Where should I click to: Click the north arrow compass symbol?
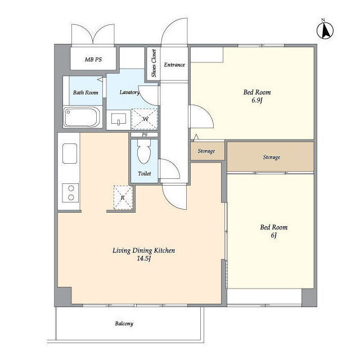pyautogui.click(x=325, y=30)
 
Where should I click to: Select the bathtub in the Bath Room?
pyautogui.click(x=82, y=118)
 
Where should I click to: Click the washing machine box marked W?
pyautogui.click(x=145, y=119)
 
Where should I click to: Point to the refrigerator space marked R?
pyautogui.click(x=123, y=197)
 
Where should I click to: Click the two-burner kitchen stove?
pyautogui.click(x=70, y=193)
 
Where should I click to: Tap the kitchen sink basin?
pyautogui.click(x=70, y=154)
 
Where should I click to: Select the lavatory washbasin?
pyautogui.click(x=119, y=119)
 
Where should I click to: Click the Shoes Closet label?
pyautogui.click(x=154, y=63)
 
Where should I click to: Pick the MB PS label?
pyautogui.click(x=93, y=60)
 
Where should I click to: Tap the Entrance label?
pyautogui.click(x=174, y=65)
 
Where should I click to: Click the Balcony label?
pyautogui.click(x=124, y=323)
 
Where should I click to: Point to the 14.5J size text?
pyautogui.click(x=144, y=259)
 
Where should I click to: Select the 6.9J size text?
pyautogui.click(x=257, y=100)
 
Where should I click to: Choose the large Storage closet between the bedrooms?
pyautogui.click(x=271, y=157)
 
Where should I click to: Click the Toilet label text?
pyautogui.click(x=145, y=173)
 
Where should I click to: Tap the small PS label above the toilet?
pyautogui.click(x=145, y=135)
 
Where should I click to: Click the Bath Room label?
pyautogui.click(x=85, y=92)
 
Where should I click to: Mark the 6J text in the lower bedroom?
pyautogui.click(x=274, y=235)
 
